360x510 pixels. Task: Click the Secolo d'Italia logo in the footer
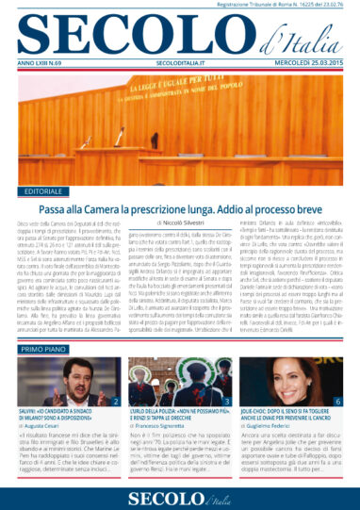click(179, 495)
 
